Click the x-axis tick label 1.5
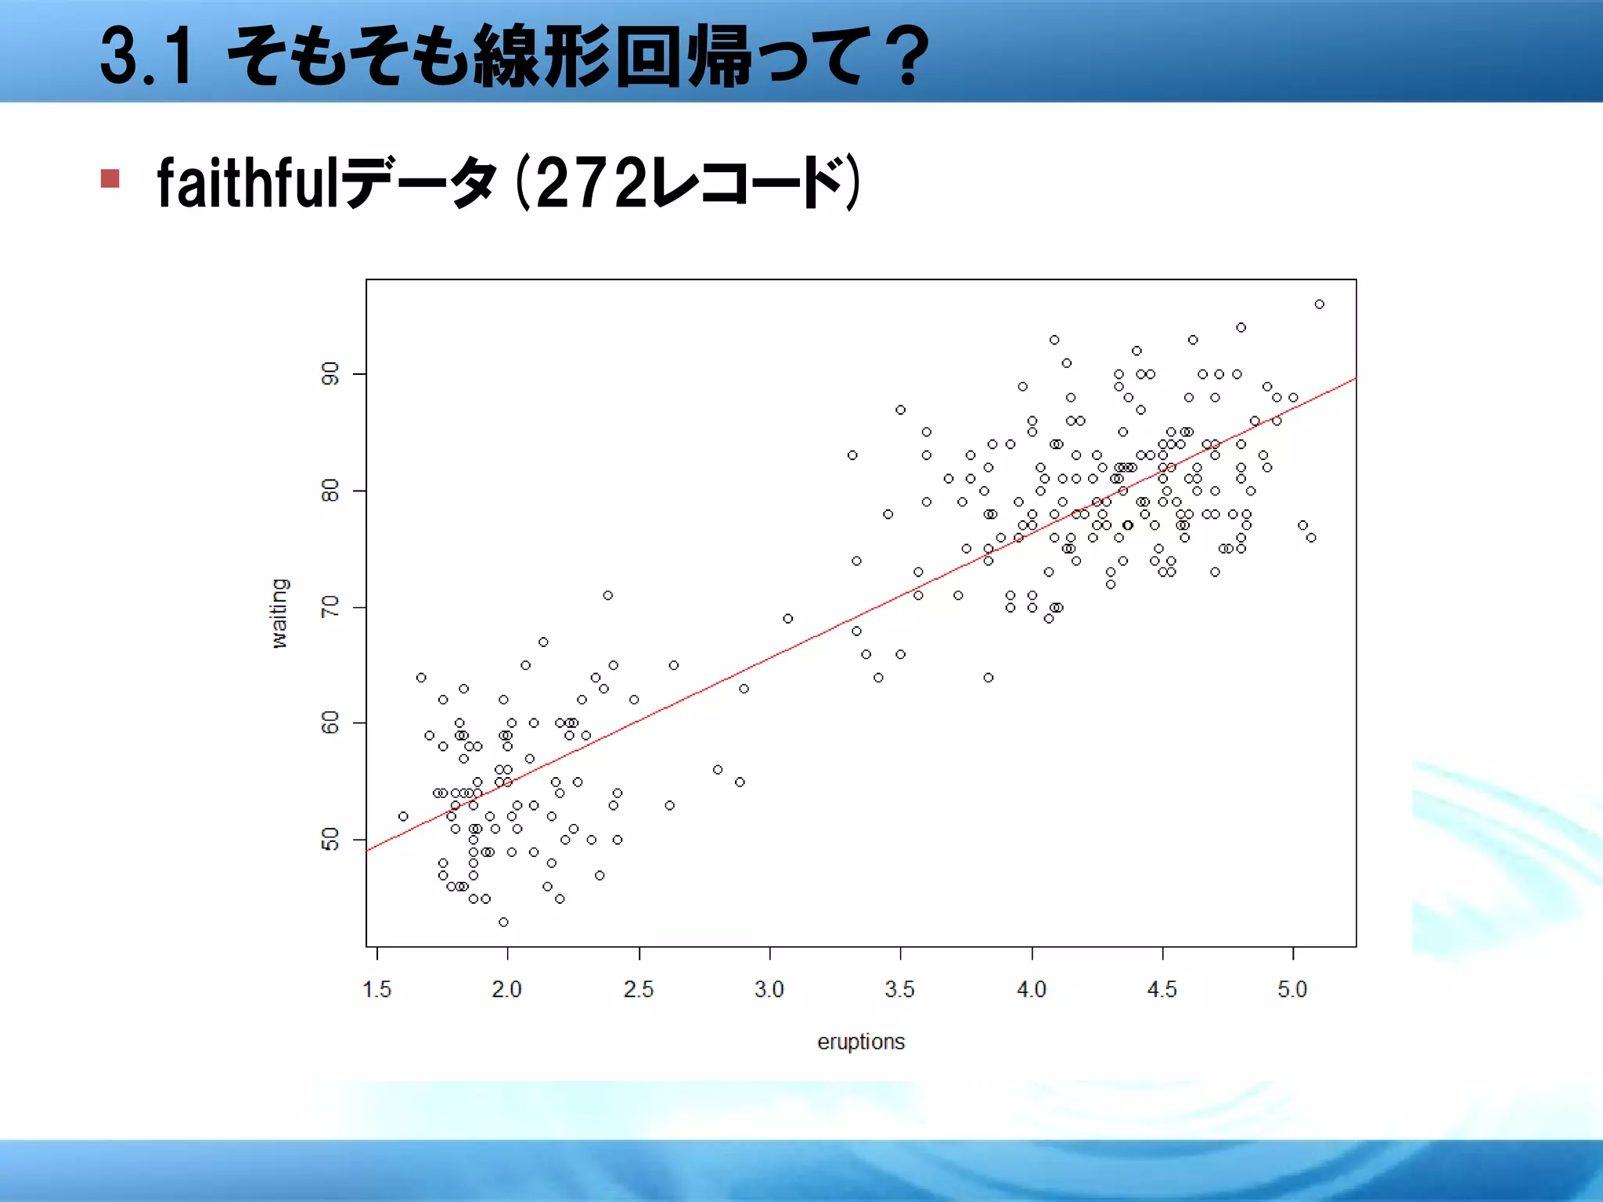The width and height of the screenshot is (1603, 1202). click(376, 990)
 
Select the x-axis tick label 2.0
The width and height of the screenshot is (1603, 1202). click(507, 990)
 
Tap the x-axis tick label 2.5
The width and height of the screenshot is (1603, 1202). click(639, 990)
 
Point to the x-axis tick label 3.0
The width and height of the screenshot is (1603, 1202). click(769, 990)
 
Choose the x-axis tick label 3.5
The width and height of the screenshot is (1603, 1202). click(900, 990)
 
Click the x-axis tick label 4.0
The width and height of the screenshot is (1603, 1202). click(1032, 990)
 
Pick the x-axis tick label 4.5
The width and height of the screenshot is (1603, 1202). click(1162, 990)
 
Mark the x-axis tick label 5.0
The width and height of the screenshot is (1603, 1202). click(1293, 990)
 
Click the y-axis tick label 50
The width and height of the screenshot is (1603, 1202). click(330, 840)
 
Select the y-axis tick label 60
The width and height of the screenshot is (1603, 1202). click(330, 723)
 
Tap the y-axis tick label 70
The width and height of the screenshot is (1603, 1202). click(330, 607)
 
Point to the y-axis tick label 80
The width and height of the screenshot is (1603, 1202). click(330, 491)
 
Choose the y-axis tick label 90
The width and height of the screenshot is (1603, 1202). click(330, 374)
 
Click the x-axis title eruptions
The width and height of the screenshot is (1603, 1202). click(861, 1042)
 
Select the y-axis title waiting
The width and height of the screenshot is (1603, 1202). click(279, 614)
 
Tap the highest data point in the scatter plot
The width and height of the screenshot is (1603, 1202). click(1320, 304)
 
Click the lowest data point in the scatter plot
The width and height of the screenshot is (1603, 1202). click(503, 923)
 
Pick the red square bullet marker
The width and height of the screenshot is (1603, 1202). click(110, 179)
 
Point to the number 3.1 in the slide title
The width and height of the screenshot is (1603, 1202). click(146, 56)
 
